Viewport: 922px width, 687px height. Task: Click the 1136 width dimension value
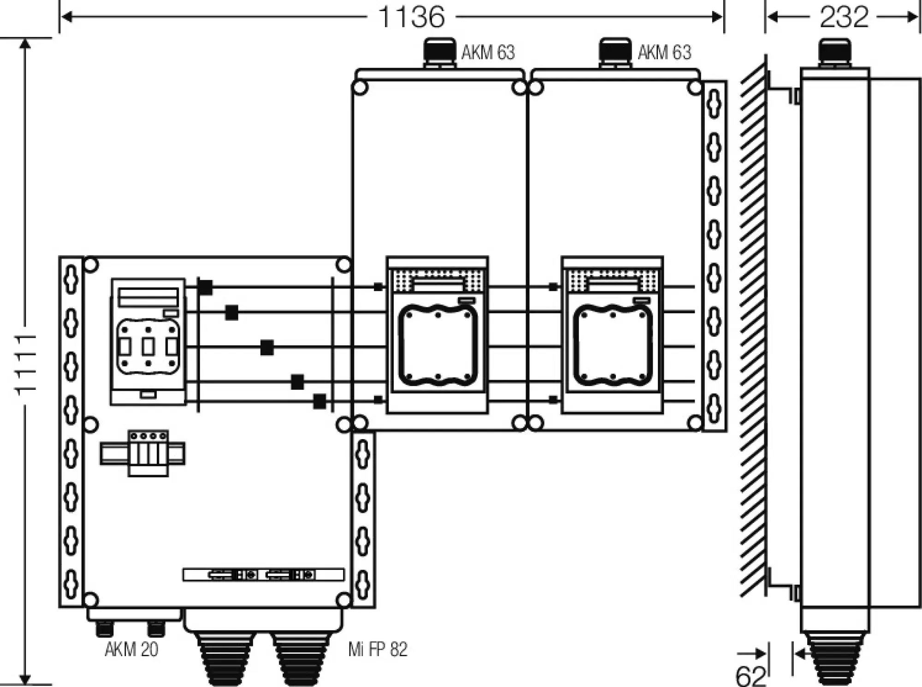click(x=412, y=17)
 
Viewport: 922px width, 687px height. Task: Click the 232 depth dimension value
click(x=844, y=17)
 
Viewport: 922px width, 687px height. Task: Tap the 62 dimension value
click(x=751, y=675)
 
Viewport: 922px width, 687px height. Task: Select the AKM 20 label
click(x=131, y=649)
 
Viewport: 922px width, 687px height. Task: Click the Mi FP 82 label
click(x=378, y=649)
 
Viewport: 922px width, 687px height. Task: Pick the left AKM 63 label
click(x=488, y=53)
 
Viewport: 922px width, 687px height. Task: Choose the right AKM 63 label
click(x=665, y=53)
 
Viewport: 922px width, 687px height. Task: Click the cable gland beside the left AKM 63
click(x=439, y=53)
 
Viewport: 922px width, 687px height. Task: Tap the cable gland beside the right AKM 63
click(x=615, y=53)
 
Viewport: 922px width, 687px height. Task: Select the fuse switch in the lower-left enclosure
click(x=148, y=341)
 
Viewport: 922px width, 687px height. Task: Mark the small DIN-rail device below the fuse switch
click(x=148, y=453)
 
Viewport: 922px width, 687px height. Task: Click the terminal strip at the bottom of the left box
click(x=263, y=575)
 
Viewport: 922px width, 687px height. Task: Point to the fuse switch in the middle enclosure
click(x=437, y=335)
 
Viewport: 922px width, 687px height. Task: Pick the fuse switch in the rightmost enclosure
click(x=612, y=335)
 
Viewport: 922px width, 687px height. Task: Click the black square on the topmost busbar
click(x=206, y=287)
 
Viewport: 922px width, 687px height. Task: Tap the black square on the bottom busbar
click(x=319, y=401)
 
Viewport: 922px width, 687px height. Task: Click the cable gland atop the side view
click(x=834, y=53)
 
